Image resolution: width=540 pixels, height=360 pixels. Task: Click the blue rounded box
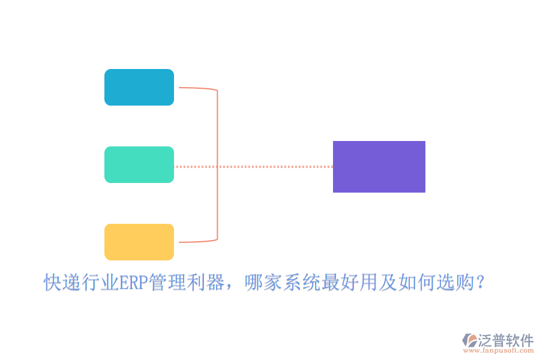pyautogui.click(x=139, y=88)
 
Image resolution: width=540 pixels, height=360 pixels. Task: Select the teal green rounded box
pyautogui.click(x=139, y=165)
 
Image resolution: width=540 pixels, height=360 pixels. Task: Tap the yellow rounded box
pyautogui.click(x=139, y=242)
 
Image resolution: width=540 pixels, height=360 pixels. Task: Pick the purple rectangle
pyautogui.click(x=379, y=167)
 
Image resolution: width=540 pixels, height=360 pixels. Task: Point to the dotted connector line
pyautogui.click(x=270, y=167)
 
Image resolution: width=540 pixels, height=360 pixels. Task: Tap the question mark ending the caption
pyautogui.click(x=479, y=282)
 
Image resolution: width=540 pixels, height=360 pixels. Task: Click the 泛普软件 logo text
pyautogui.click(x=506, y=340)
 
